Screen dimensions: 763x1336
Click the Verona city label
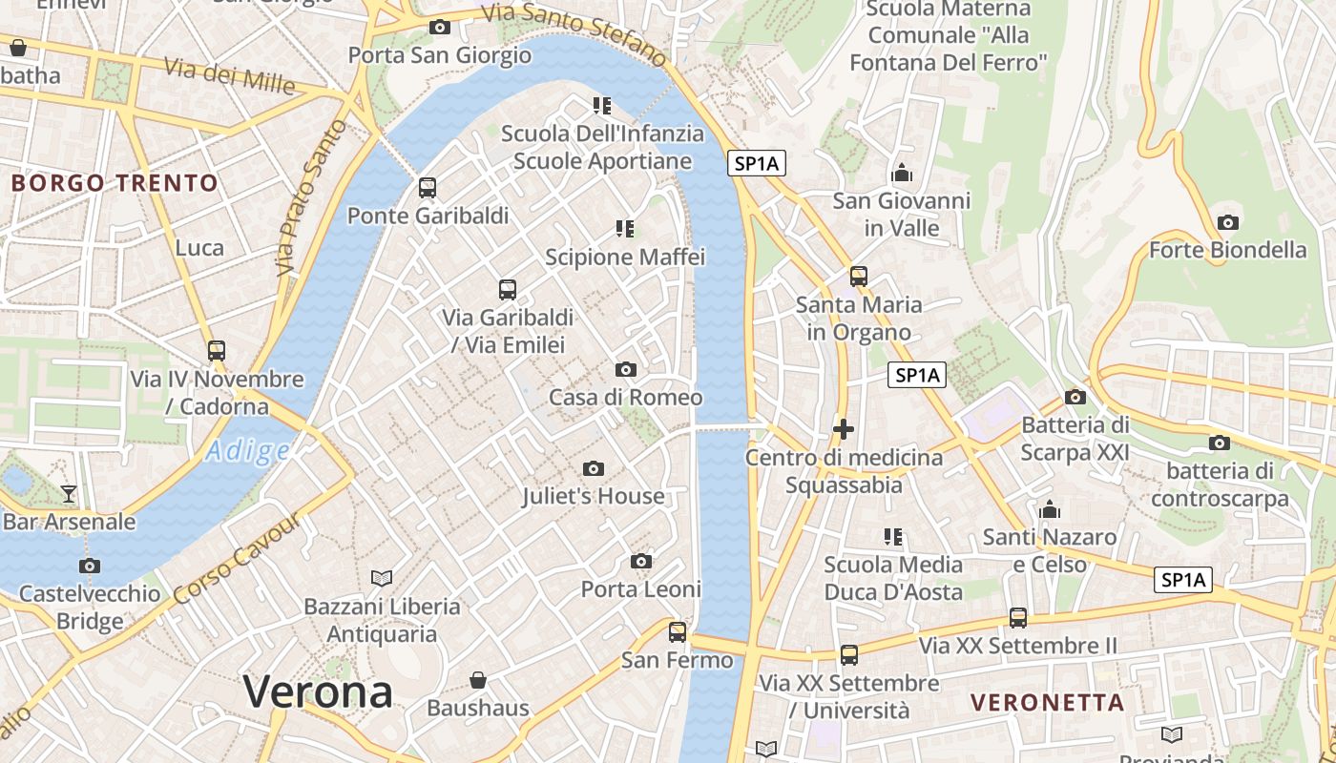coord(318,692)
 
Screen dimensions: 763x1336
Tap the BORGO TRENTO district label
coord(115,183)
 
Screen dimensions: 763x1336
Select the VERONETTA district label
coord(1048,703)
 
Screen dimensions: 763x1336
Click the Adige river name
coord(247,450)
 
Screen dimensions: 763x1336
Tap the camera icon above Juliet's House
coord(594,468)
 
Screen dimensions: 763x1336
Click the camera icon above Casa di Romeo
coord(626,369)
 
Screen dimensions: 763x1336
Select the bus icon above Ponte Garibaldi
coord(428,188)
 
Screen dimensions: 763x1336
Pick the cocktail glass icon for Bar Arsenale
coord(69,494)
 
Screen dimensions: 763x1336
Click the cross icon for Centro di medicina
coord(844,429)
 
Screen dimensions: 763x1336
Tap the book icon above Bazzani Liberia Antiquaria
coord(382,578)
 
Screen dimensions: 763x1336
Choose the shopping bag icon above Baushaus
coord(478,680)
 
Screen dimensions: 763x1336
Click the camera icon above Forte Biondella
coord(1228,223)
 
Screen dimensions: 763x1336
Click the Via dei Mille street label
coord(229,75)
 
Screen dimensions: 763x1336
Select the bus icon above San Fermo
coord(678,631)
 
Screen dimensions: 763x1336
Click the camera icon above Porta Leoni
coord(641,561)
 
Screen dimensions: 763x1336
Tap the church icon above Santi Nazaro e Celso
coord(1050,510)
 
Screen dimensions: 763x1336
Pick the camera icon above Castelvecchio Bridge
coord(90,566)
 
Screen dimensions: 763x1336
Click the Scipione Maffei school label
coord(625,257)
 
